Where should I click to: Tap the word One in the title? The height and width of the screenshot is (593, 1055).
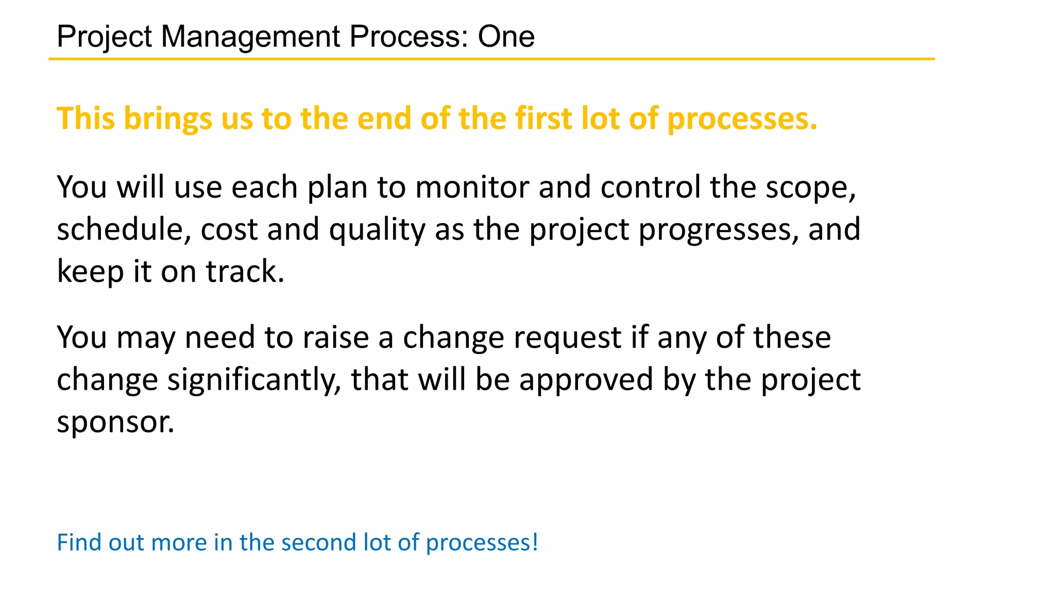[506, 37]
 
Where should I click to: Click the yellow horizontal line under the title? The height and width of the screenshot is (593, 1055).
[491, 59]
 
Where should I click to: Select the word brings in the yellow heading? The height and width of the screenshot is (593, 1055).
[167, 119]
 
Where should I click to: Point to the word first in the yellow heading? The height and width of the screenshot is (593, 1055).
[543, 118]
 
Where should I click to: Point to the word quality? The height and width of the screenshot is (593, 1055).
[377, 230]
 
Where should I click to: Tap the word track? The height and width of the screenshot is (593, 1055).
[245, 271]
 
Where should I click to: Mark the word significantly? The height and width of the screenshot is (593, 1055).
[254, 380]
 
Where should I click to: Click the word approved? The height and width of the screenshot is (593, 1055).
[586, 380]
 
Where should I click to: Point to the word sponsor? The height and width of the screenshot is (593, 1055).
[115, 423]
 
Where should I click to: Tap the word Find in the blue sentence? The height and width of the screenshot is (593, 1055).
[78, 543]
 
